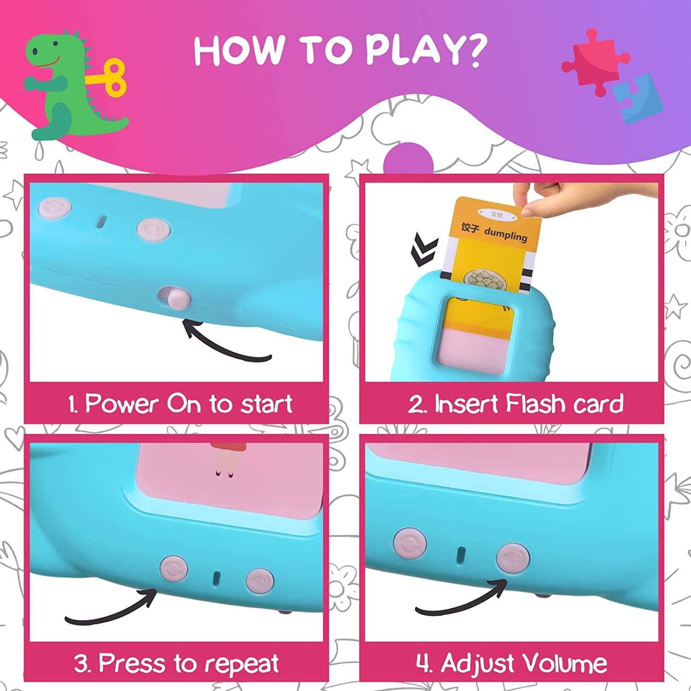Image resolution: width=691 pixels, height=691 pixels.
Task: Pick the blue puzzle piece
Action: [x=638, y=98]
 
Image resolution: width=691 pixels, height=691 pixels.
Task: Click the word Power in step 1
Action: [x=123, y=404]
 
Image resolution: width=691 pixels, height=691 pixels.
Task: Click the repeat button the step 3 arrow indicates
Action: [x=174, y=568]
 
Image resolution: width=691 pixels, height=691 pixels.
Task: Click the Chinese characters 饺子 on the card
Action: [x=470, y=228]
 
